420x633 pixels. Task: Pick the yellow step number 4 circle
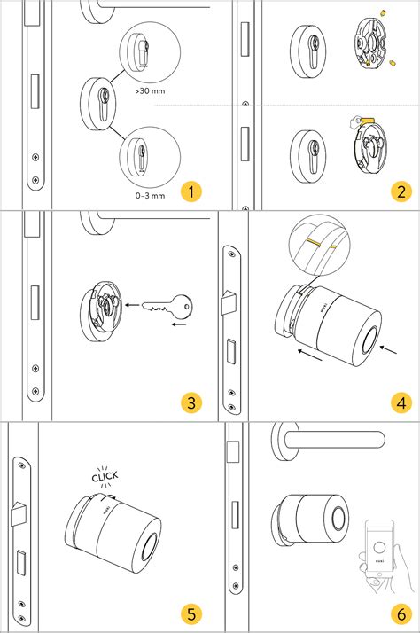pyautogui.click(x=402, y=402)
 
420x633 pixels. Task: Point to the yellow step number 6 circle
pyautogui.click(x=402, y=613)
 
